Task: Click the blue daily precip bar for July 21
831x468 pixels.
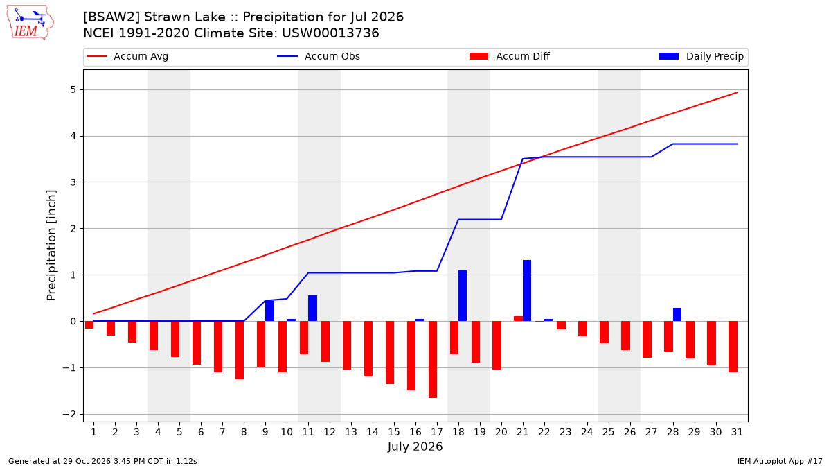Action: (x=527, y=291)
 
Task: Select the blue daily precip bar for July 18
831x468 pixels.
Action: (x=463, y=295)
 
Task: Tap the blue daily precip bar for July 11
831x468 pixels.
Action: (x=312, y=309)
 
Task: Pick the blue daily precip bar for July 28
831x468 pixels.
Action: (x=677, y=315)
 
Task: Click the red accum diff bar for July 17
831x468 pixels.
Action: (x=433, y=360)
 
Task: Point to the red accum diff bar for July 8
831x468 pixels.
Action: (x=240, y=350)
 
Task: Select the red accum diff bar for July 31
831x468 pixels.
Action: (x=733, y=347)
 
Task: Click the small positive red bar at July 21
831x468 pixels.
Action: (x=518, y=319)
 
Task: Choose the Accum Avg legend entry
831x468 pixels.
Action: (x=127, y=56)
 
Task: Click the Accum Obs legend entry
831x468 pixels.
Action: (x=319, y=56)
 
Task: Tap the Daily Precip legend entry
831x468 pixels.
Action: (x=701, y=56)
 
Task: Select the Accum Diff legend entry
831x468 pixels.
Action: (x=510, y=56)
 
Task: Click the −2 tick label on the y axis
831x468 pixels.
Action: (x=69, y=414)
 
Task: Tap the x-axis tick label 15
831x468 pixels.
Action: (x=394, y=432)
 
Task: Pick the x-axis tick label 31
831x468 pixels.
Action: (x=737, y=432)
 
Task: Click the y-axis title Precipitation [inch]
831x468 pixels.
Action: (x=51, y=245)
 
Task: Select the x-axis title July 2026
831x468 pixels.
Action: (x=415, y=446)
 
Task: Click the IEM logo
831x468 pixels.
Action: (x=30, y=22)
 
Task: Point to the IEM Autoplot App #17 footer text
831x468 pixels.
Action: (x=780, y=461)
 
